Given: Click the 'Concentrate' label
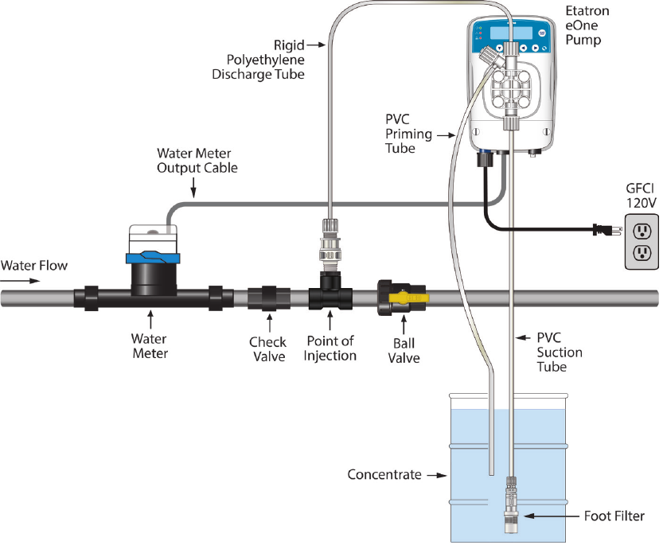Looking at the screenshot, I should coord(384,475).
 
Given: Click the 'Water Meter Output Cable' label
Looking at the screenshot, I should coord(197,160).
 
